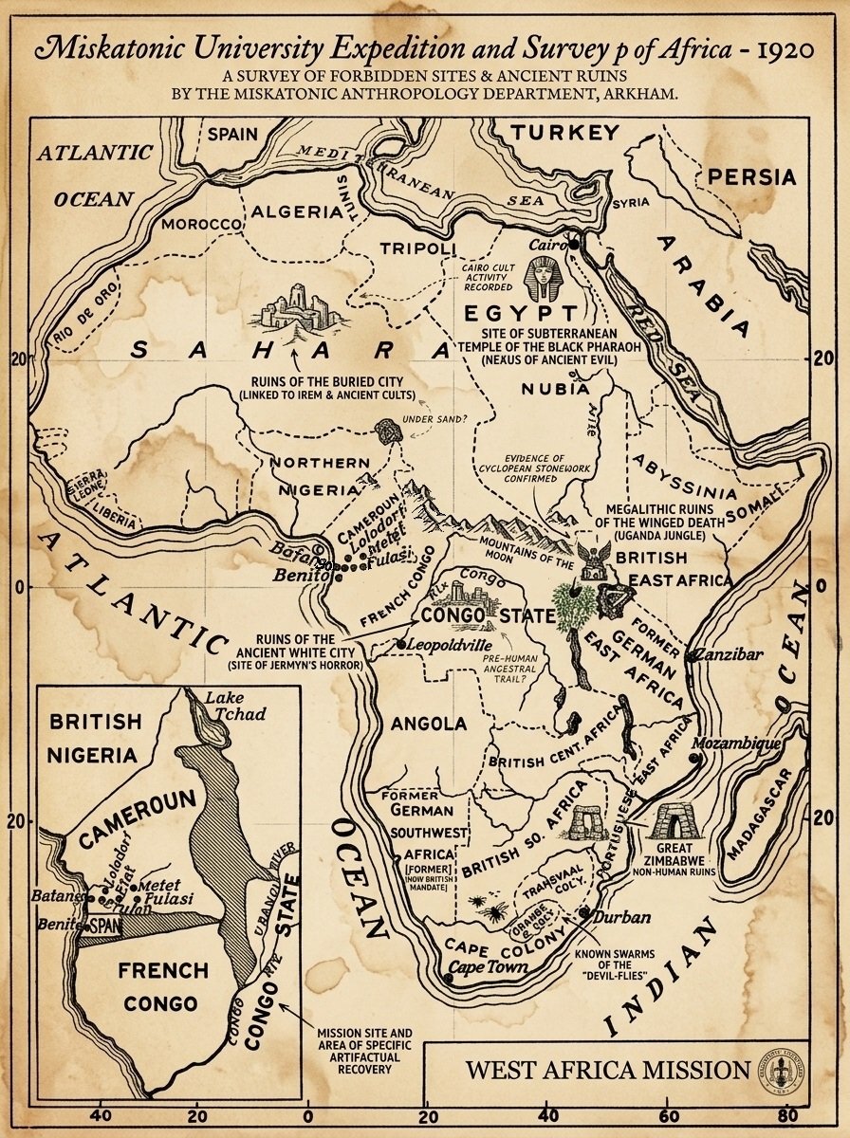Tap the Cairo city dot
(574, 246)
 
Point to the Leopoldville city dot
(401, 645)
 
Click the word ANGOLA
(429, 724)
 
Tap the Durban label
(622, 917)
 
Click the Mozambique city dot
(695, 758)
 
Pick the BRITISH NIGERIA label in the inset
(96, 737)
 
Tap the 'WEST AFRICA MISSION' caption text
(607, 1070)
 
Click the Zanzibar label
(730, 655)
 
